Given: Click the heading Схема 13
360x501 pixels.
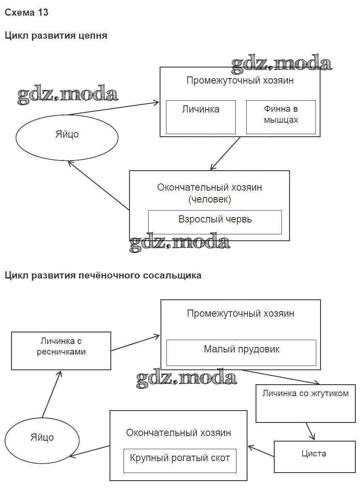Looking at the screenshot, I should [x=26, y=13].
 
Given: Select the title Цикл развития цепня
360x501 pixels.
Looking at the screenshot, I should [x=56, y=36].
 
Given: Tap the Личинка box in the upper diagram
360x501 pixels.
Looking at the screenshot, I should [x=200, y=117].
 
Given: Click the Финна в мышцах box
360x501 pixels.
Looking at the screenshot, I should [x=281, y=117].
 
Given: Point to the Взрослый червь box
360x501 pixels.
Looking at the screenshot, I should [x=215, y=222].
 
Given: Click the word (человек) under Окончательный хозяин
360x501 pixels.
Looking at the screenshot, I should [x=209, y=199].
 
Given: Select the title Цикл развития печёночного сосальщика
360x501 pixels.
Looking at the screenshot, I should [x=103, y=276].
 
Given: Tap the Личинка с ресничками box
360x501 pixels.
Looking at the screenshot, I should [x=61, y=351].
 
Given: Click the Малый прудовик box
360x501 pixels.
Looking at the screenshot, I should [x=241, y=352].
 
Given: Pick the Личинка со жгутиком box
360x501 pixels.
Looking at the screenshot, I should [x=305, y=403].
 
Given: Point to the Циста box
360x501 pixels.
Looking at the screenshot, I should [x=314, y=456].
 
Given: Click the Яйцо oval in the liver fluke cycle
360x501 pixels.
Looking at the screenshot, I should [x=42, y=437].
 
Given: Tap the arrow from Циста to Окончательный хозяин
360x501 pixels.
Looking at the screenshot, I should [x=261, y=451].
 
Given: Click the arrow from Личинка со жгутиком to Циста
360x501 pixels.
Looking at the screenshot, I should [x=310, y=431].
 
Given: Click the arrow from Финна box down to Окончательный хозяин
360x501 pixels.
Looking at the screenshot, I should [x=226, y=153].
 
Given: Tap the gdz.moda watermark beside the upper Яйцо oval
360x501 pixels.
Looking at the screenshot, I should [x=68, y=95].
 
